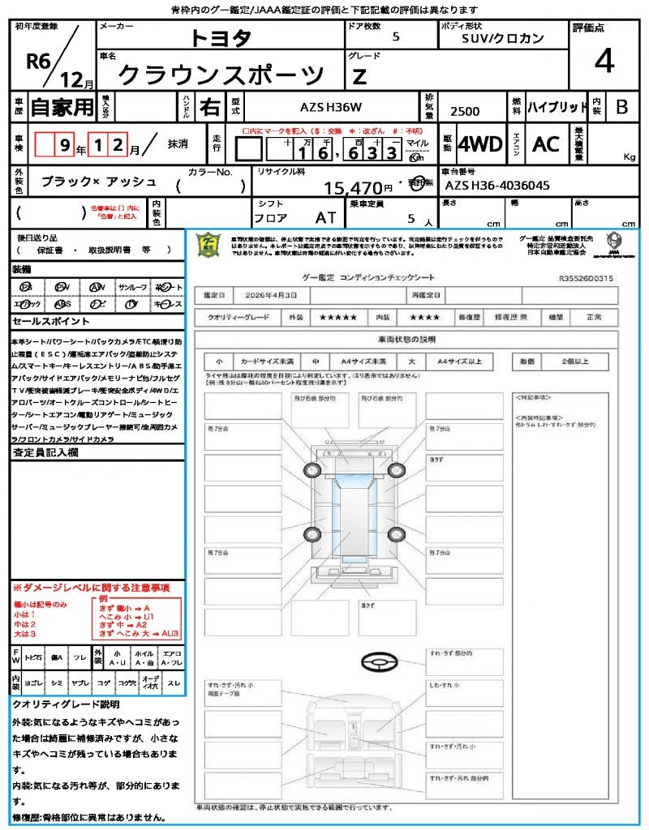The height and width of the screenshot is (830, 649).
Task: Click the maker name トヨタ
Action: click(221, 37)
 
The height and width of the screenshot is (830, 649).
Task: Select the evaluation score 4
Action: click(603, 62)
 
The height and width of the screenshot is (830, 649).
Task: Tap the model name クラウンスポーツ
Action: click(219, 75)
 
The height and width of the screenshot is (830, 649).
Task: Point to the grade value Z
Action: click(359, 76)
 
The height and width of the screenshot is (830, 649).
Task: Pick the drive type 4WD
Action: click(479, 144)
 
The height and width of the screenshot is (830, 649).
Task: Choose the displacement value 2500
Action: click(465, 112)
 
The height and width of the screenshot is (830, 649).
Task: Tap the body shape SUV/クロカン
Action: click(502, 38)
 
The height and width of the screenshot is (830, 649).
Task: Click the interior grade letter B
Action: click(621, 106)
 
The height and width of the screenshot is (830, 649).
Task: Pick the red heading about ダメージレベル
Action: click(91, 587)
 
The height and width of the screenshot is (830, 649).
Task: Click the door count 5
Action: click(395, 36)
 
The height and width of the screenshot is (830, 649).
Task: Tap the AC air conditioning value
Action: click(546, 144)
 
